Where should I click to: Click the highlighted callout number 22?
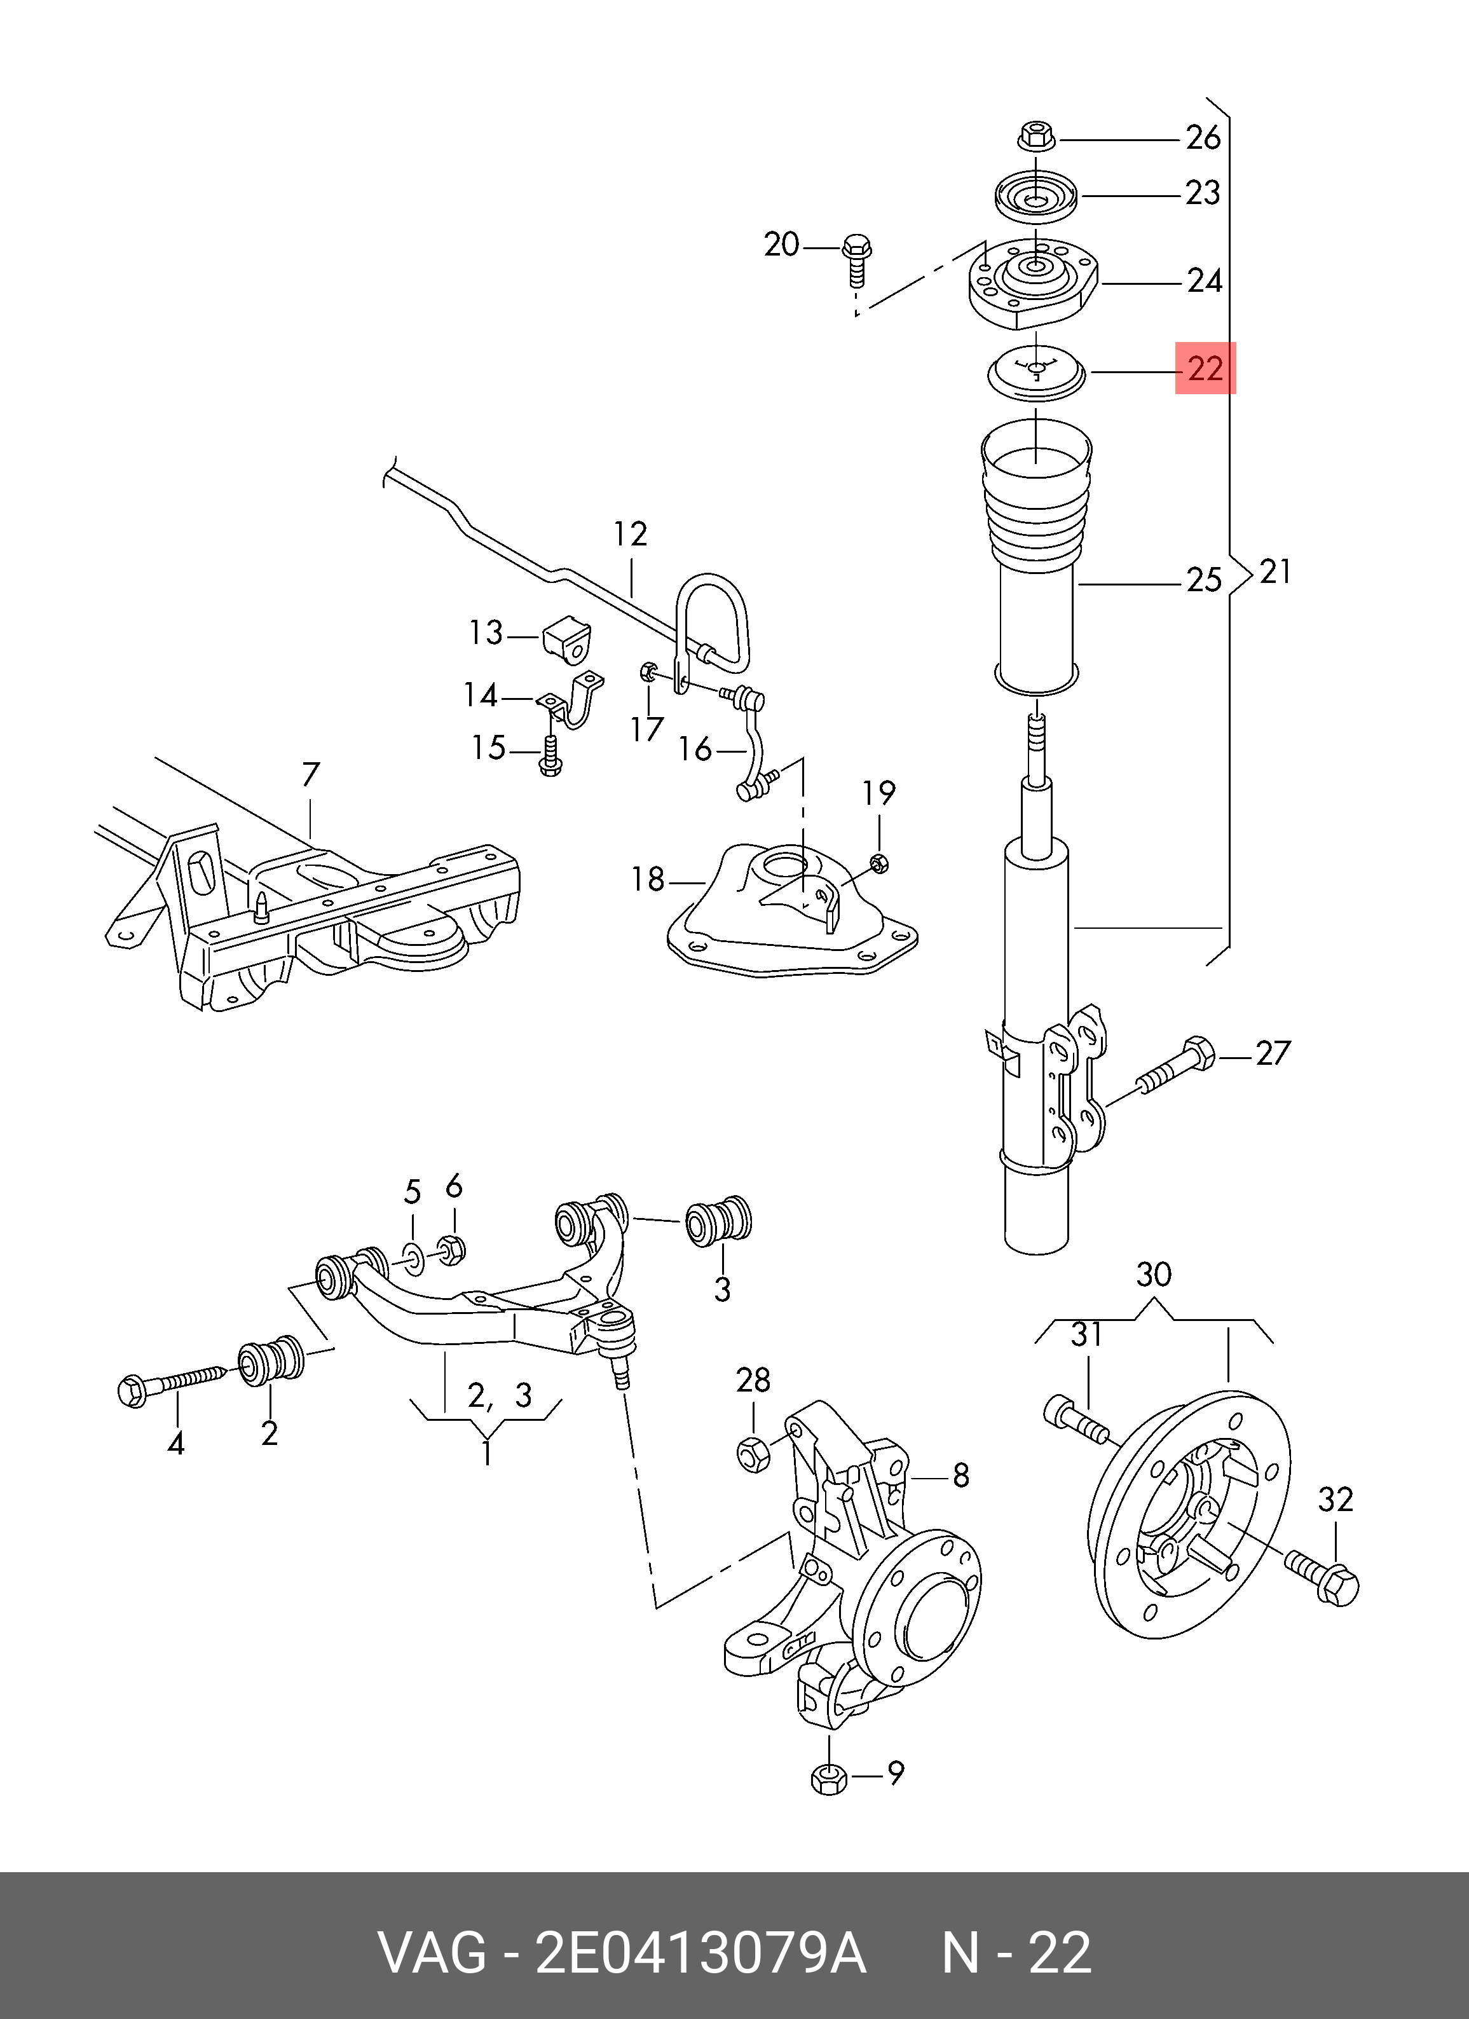[x=1205, y=367]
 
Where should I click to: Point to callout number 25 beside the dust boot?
[x=1204, y=580]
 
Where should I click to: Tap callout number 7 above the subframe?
[x=310, y=776]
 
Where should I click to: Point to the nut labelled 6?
[x=451, y=1250]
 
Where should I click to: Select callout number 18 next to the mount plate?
[x=648, y=880]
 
